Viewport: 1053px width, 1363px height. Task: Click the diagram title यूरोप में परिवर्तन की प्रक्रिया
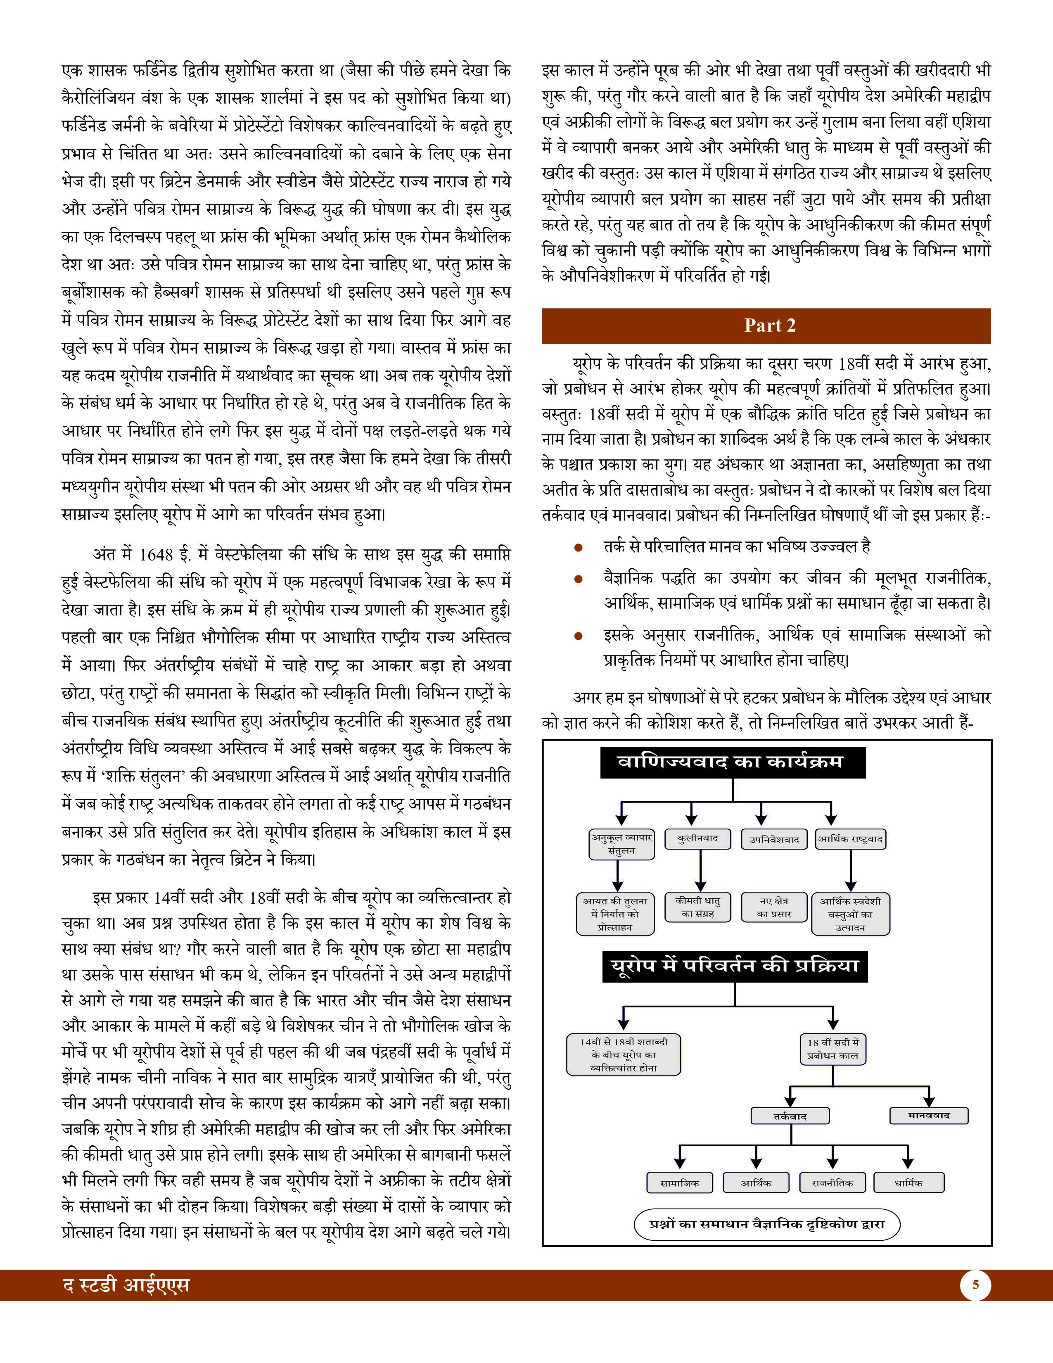[734, 966]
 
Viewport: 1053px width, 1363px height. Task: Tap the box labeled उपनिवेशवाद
[773, 839]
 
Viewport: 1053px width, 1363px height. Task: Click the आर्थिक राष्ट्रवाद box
[850, 839]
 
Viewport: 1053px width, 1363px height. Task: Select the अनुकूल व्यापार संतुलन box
[621, 844]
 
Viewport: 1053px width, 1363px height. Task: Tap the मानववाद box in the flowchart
[928, 1115]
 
